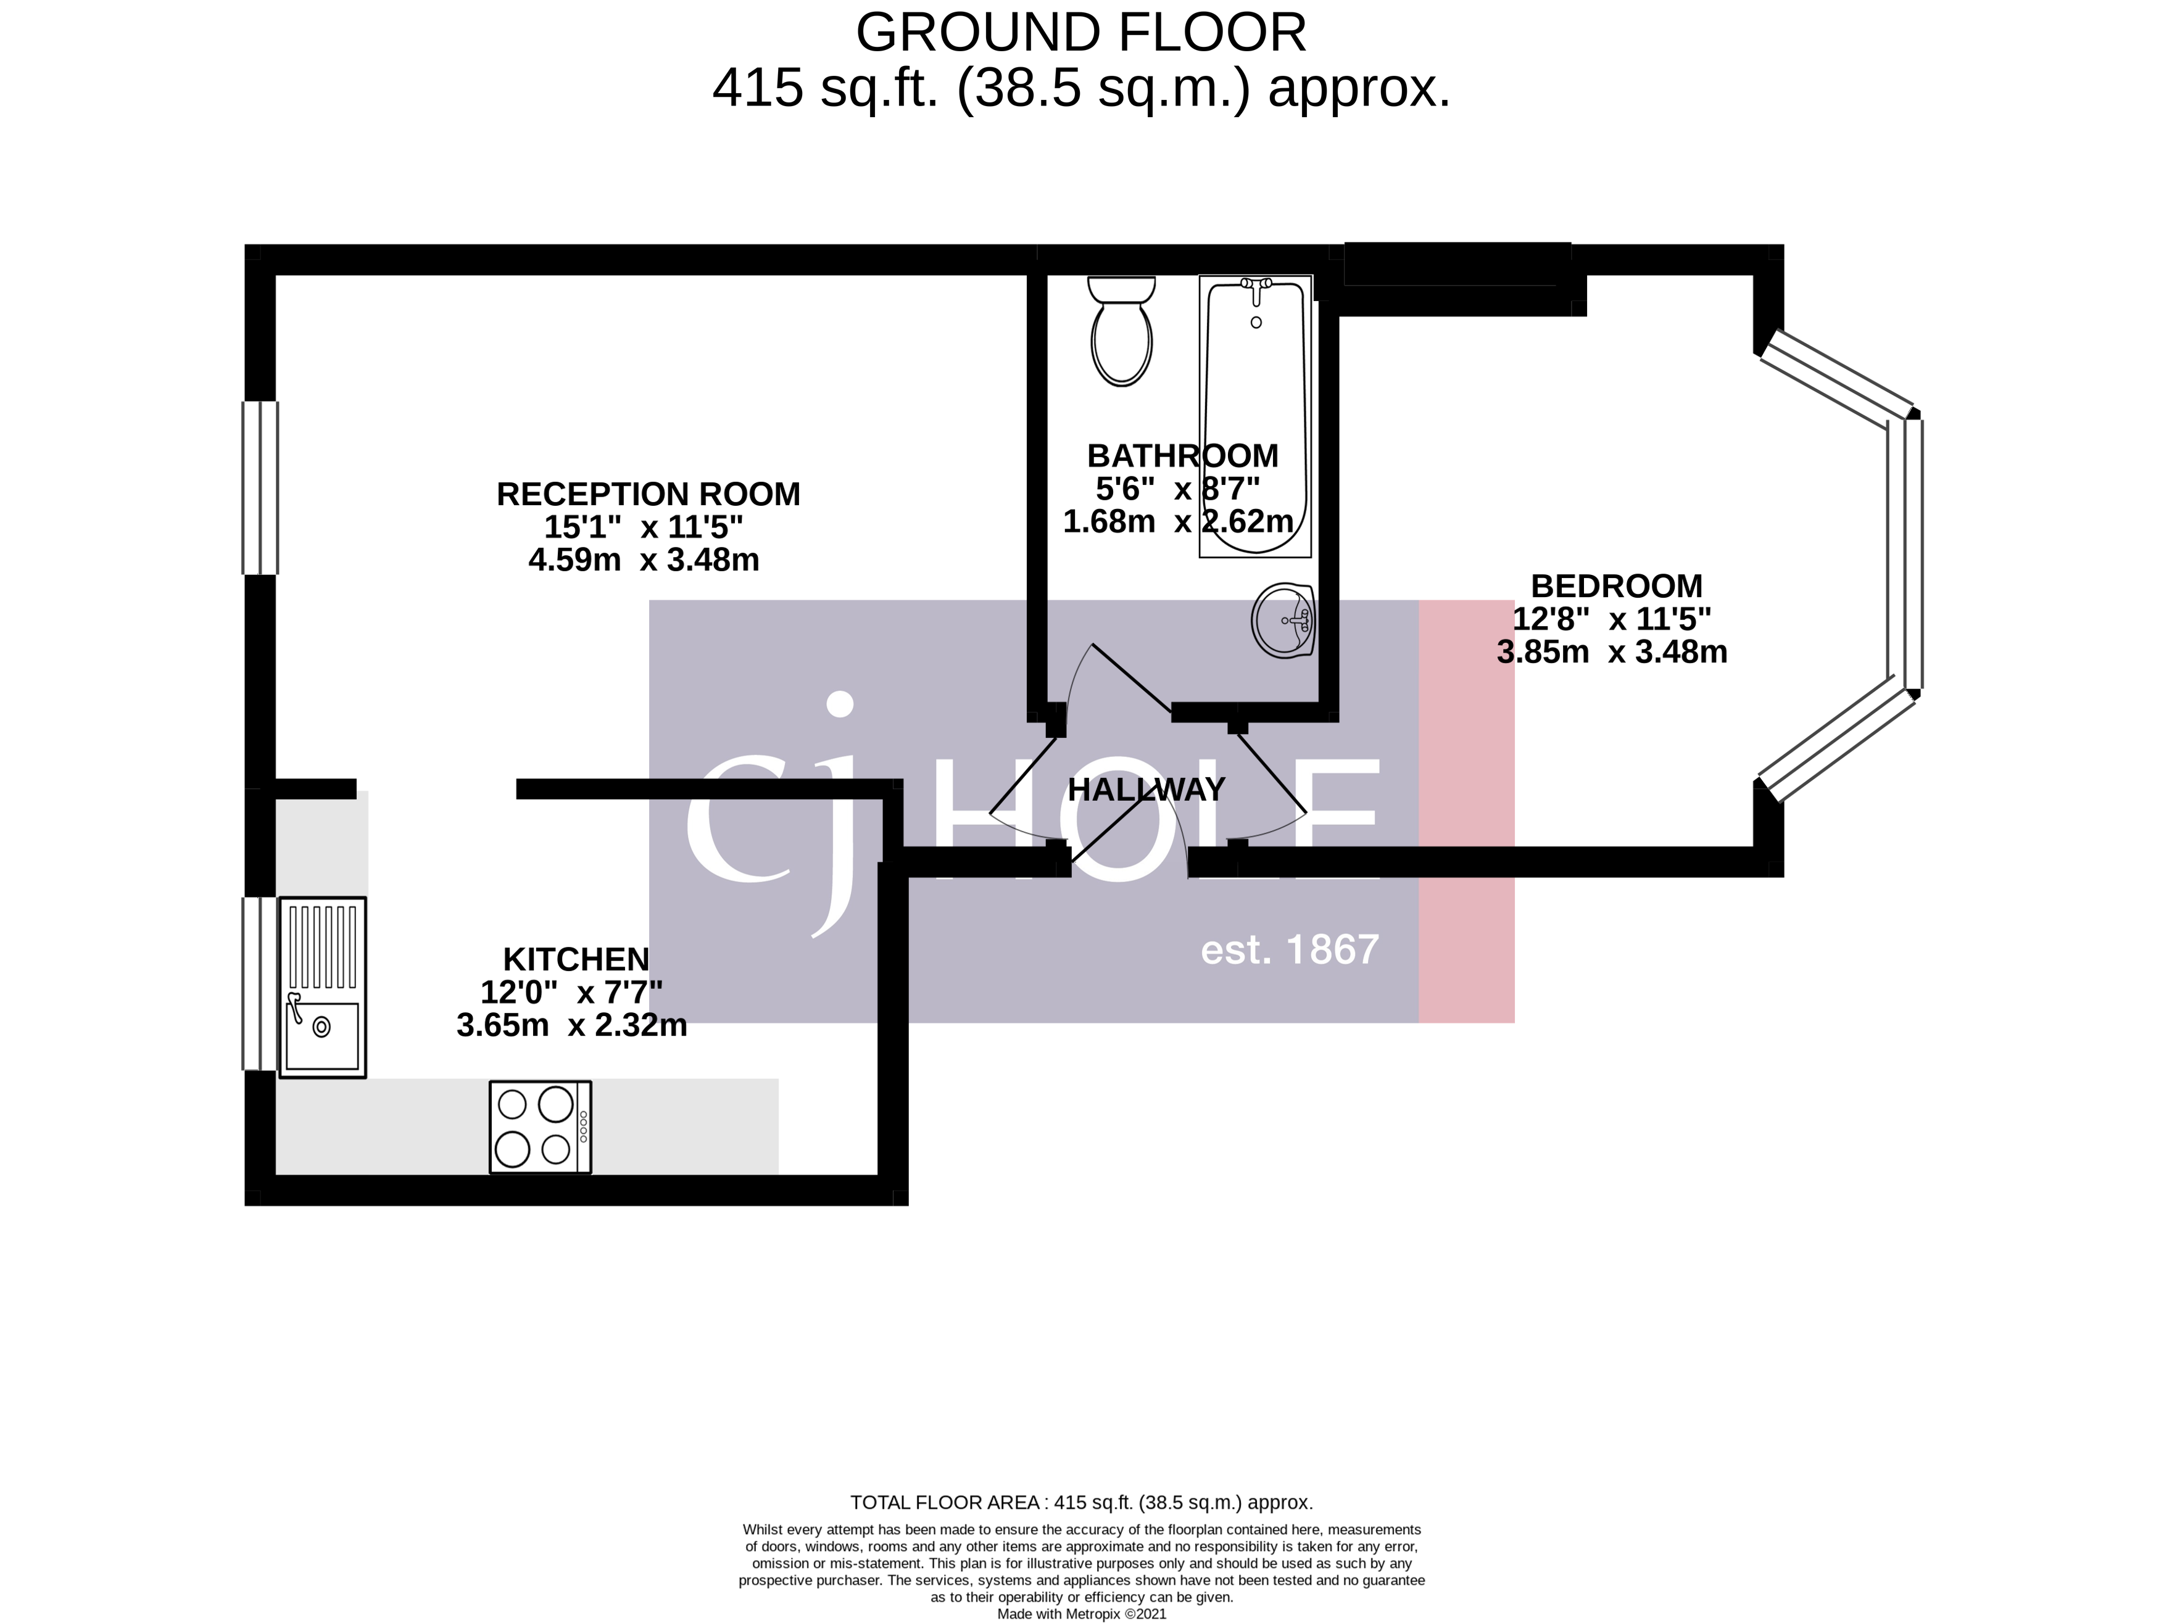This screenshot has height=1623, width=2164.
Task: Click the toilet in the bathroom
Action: click(1121, 332)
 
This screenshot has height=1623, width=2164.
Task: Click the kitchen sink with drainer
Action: click(323, 987)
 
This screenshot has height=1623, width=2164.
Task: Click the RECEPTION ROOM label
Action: click(648, 494)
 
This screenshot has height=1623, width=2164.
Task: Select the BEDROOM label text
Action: click(1616, 586)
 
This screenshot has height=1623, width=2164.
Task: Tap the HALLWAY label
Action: click(1146, 790)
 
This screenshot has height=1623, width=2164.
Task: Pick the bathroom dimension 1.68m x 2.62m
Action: click(1178, 521)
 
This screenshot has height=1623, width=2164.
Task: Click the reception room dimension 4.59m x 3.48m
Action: click(644, 560)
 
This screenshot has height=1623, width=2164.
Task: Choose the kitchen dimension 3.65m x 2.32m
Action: click(571, 1025)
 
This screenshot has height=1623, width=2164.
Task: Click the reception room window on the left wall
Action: click(260, 487)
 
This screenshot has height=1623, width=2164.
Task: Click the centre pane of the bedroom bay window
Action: click(1913, 554)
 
